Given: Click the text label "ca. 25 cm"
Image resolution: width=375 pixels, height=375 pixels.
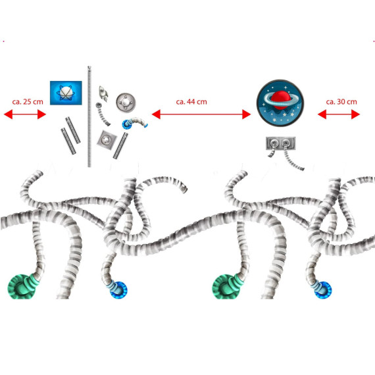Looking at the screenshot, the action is pyautogui.click(x=28, y=102).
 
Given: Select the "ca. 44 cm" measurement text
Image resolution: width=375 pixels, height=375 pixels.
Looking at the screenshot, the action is pyautogui.click(x=191, y=102).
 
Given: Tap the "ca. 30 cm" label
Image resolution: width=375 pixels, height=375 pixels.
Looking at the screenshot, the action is pyautogui.click(x=341, y=102).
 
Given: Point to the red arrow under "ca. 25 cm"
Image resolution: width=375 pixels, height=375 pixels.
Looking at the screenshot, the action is pyautogui.click(x=25, y=114).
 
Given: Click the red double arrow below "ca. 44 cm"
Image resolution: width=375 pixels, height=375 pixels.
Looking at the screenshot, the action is pyautogui.click(x=201, y=114).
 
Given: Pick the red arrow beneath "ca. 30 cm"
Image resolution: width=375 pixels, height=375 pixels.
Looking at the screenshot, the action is pyautogui.click(x=339, y=114).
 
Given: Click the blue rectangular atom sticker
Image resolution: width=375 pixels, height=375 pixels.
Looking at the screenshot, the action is pyautogui.click(x=66, y=93).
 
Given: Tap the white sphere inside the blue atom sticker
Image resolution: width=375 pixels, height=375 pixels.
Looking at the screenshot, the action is pyautogui.click(x=66, y=93).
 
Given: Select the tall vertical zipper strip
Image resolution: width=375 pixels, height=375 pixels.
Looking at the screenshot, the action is pyautogui.click(x=89, y=116).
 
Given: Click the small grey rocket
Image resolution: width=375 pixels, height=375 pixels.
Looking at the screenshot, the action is pyautogui.click(x=103, y=93).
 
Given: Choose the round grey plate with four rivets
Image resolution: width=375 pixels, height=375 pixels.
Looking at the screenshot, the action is pyautogui.click(x=126, y=103).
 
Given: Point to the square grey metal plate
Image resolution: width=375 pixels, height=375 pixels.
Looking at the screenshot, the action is pyautogui.click(x=107, y=140).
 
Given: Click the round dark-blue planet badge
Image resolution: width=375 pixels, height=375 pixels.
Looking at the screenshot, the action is pyautogui.click(x=280, y=103).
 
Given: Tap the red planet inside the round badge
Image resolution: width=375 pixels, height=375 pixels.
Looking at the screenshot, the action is pyautogui.click(x=280, y=99).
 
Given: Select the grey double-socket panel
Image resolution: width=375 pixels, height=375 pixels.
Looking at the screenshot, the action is pyautogui.click(x=281, y=143).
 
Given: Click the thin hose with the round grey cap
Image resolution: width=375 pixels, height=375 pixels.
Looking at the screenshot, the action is pyautogui.click(x=103, y=115).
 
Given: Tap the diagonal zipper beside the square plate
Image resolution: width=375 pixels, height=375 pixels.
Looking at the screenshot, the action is pyautogui.click(x=120, y=146).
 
